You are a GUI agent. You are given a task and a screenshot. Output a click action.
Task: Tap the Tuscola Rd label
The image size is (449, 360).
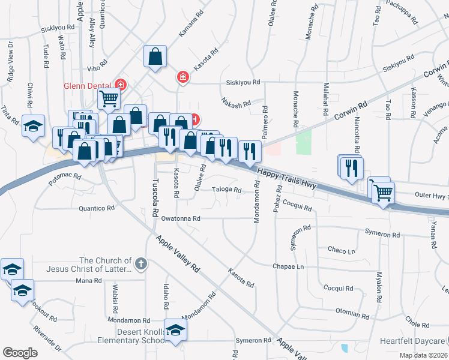point(155,198)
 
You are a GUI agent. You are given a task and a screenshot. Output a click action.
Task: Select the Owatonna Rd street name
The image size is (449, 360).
point(180,219)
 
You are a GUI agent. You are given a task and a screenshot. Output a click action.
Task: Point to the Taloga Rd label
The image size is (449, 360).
point(227,190)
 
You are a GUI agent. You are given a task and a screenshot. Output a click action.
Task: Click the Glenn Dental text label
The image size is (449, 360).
point(89,85)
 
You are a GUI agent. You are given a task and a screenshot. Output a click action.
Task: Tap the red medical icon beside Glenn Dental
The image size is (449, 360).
point(121,85)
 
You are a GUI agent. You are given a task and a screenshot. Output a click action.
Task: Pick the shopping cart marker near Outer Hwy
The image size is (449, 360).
point(383,193)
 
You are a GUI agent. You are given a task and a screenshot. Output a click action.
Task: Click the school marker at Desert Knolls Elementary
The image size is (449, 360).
point(175,329)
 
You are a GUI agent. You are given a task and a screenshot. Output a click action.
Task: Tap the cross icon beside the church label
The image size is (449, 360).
point(140,263)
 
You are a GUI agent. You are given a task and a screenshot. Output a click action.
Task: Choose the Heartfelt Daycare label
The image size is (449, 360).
point(414,340)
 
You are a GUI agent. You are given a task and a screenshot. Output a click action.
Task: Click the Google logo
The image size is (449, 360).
point(20,352)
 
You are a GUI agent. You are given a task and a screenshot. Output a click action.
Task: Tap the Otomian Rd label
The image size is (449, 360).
point(352,314)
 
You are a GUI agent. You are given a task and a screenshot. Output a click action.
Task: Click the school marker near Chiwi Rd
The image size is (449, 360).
point(33,126)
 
